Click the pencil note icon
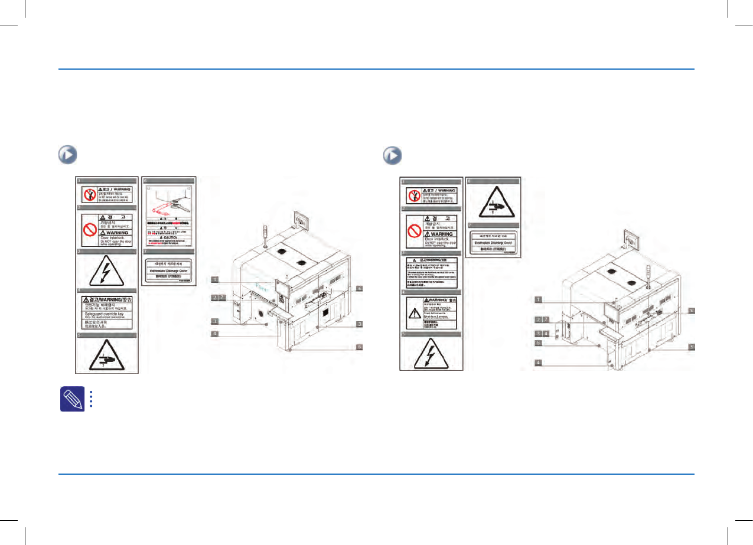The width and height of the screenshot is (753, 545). [70, 399]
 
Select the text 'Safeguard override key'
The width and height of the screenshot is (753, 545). [109, 315]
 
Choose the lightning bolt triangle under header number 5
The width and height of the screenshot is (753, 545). [432, 353]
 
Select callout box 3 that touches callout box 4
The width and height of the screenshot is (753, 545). [538, 334]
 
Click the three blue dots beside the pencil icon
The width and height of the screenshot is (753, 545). [92, 399]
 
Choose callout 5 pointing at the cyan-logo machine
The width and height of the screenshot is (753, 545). [358, 288]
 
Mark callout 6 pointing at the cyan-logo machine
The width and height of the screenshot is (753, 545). [358, 347]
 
